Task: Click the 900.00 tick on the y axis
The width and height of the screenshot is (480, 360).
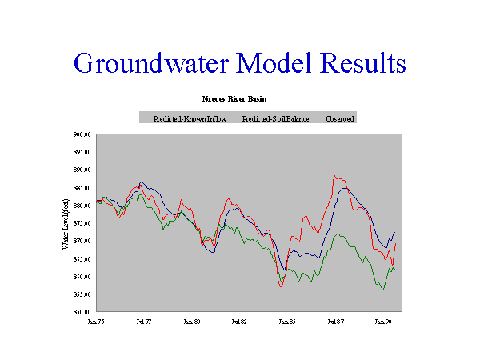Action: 82,134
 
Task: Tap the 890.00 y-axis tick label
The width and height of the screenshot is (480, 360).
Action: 82,170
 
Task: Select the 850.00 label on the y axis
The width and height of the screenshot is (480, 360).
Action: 82,312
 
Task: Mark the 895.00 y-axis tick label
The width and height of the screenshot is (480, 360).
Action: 82,152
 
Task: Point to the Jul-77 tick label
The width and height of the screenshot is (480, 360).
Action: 144,322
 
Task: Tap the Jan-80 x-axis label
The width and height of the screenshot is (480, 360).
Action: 192,322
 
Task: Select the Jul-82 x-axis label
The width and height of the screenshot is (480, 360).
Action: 240,322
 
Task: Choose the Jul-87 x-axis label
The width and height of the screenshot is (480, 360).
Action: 336,322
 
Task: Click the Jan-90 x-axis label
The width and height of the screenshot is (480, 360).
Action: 384,322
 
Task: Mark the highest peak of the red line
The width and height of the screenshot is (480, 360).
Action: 334,174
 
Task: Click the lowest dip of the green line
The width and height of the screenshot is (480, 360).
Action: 383,290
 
